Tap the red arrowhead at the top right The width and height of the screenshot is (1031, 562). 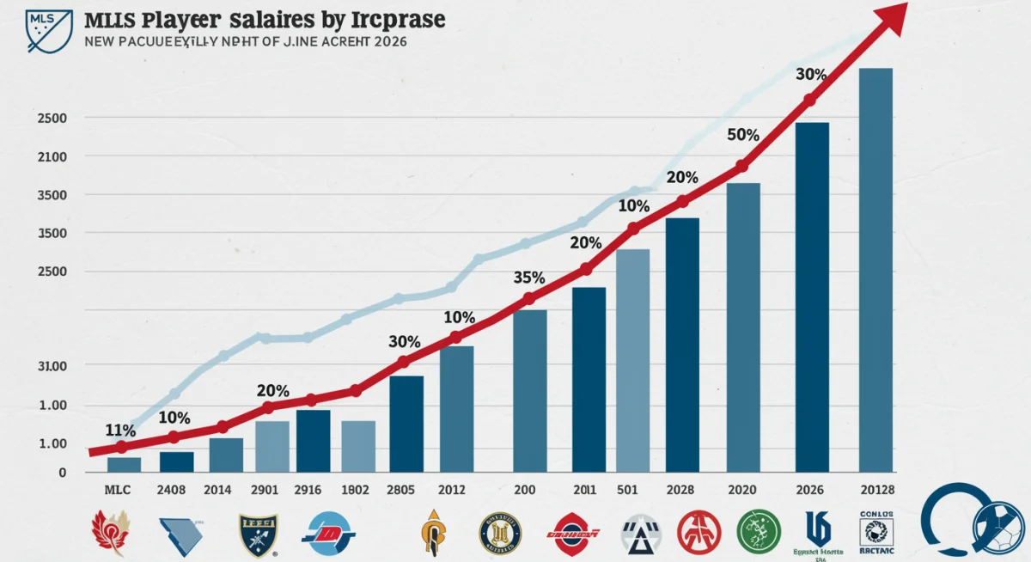pyautogui.click(x=893, y=17)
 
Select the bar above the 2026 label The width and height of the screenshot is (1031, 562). pyautogui.click(x=812, y=296)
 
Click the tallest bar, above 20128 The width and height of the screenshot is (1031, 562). pyautogui.click(x=875, y=269)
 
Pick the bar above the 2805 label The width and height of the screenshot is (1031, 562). pyautogui.click(x=406, y=424)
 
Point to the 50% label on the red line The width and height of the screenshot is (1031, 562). pyautogui.click(x=742, y=135)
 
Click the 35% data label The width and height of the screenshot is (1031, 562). pyautogui.click(x=528, y=278)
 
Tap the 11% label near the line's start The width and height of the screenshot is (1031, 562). pyautogui.click(x=119, y=430)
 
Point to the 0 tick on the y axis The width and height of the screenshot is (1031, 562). pyautogui.click(x=63, y=473)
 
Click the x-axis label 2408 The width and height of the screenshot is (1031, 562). pyautogui.click(x=176, y=490)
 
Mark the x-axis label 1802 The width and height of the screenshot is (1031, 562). pyautogui.click(x=354, y=490)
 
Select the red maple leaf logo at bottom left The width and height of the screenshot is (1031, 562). pyautogui.click(x=109, y=531)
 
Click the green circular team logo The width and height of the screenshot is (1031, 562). pyautogui.click(x=758, y=531)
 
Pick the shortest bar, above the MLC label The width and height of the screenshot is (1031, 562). pyautogui.click(x=124, y=464)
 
